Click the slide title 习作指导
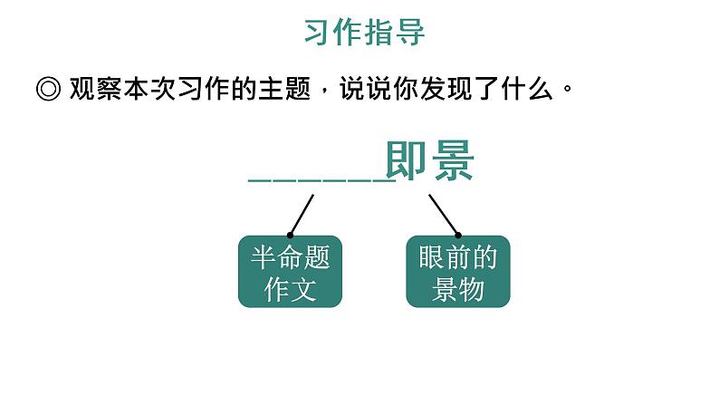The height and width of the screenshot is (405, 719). coord(364,34)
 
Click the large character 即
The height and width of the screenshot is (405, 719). coord(407,163)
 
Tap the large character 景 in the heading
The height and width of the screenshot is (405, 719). coord(453,163)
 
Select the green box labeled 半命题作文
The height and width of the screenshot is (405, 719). coord(290,273)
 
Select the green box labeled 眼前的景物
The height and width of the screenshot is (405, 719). coord(458,273)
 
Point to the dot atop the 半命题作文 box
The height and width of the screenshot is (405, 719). coord(290,235)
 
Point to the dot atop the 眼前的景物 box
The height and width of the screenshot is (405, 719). coord(458,235)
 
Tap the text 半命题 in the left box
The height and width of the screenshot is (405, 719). coord(290,258)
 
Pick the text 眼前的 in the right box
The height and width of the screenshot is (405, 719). coord(458,258)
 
